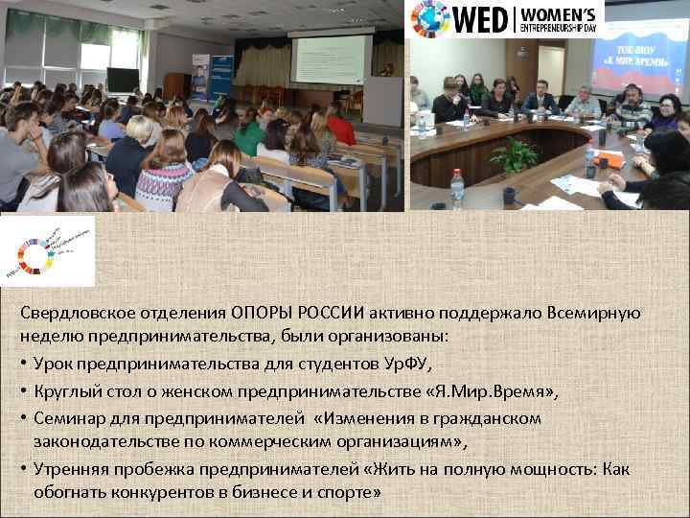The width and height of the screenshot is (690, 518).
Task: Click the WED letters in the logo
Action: click(479, 18)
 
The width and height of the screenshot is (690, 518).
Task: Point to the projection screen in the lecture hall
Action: click(330, 59)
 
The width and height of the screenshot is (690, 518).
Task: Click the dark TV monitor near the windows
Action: click(122, 80)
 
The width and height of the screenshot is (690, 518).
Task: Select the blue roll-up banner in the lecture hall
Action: click(219, 77)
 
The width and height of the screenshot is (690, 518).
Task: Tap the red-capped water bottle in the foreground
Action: click(457, 189)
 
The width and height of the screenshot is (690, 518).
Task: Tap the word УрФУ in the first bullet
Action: click(408, 364)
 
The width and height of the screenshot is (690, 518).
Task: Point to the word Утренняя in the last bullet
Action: click(70, 469)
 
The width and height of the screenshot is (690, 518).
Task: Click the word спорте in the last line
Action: click(349, 492)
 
